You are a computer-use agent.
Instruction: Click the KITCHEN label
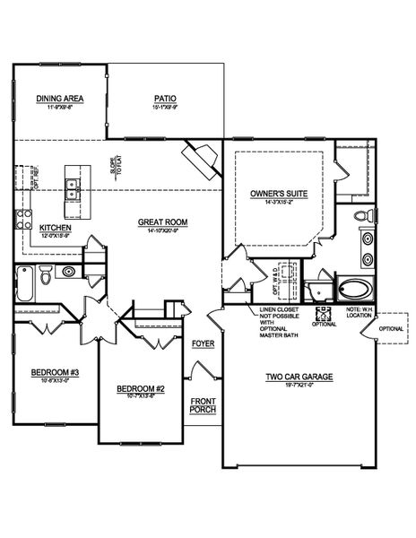[x=55, y=228]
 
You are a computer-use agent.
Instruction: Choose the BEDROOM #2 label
[x=141, y=388]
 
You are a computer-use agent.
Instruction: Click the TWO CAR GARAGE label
[x=299, y=377]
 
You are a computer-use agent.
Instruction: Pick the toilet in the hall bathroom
[x=70, y=272]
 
